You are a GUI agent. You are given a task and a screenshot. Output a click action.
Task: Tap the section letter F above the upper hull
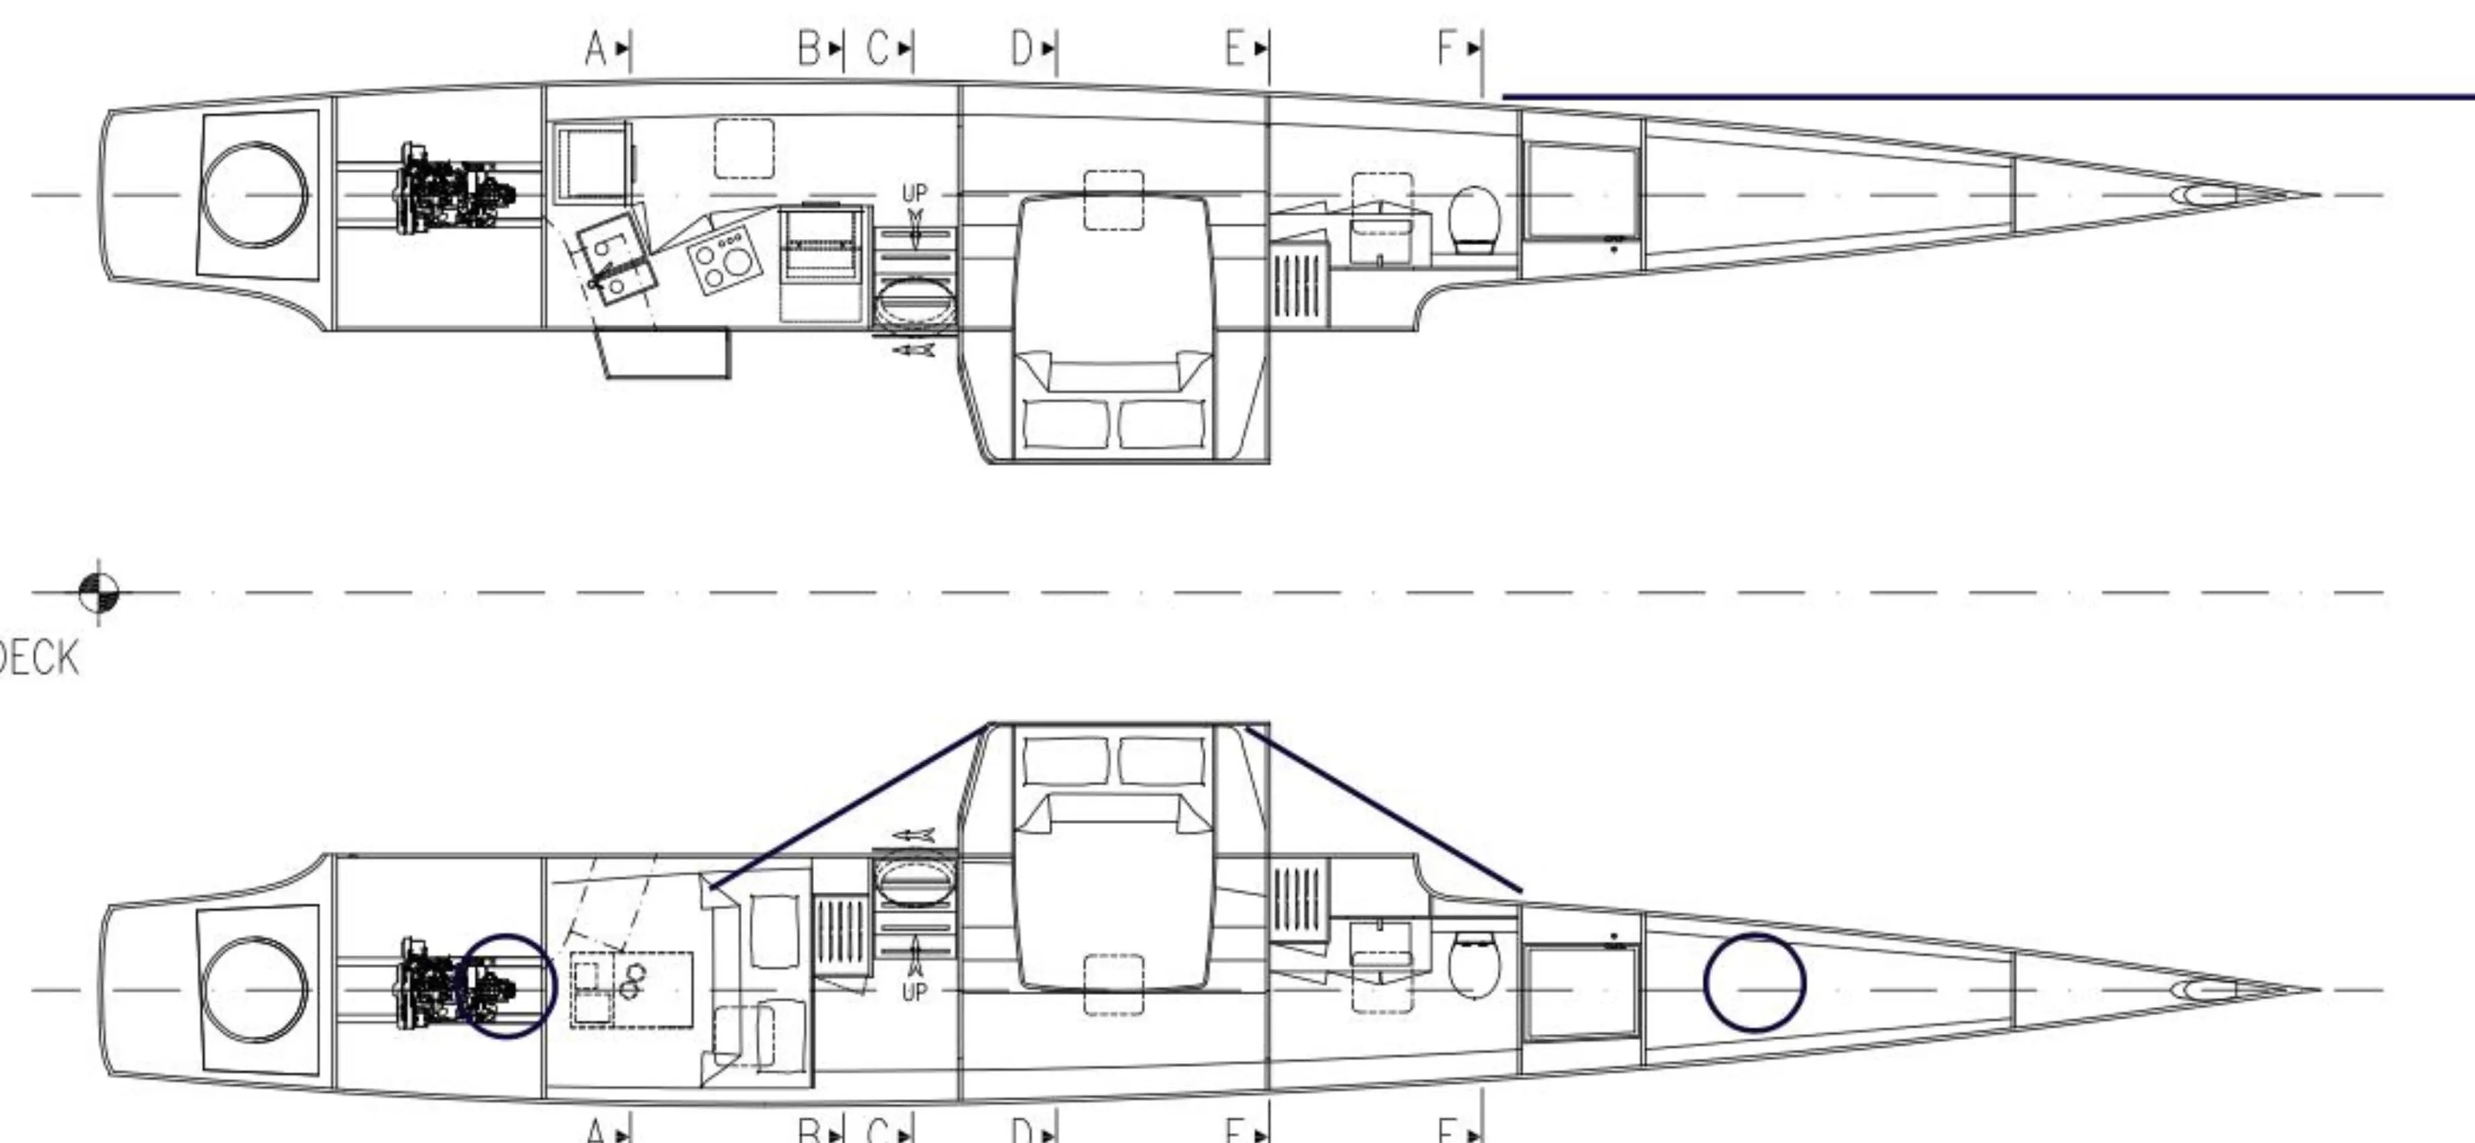[1447, 47]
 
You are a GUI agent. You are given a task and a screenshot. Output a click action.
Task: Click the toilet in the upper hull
[1473, 219]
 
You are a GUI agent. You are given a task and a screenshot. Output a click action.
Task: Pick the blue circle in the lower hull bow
[1755, 983]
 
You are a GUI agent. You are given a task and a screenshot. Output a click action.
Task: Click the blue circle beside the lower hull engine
[506, 986]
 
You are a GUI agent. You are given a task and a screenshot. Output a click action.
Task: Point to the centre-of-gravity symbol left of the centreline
[99, 592]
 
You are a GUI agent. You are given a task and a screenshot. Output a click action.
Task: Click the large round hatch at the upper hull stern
[256, 195]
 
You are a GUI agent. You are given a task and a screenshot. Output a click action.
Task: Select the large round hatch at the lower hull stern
[256, 990]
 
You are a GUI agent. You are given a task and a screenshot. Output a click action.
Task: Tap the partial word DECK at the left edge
[38, 660]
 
